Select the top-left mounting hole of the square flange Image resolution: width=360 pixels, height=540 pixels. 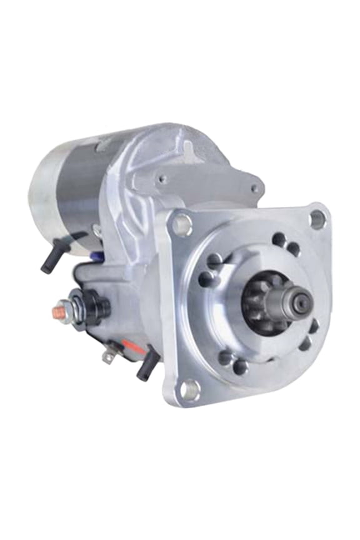[x=182, y=224]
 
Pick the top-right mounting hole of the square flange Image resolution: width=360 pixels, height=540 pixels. [x=317, y=218]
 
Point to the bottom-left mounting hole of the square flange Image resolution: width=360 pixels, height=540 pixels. [x=186, y=389]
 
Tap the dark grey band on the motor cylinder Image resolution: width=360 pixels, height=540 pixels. [x=78, y=187]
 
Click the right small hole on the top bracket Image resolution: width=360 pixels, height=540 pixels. [x=255, y=187]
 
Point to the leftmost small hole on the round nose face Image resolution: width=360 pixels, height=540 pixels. [x=204, y=280]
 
